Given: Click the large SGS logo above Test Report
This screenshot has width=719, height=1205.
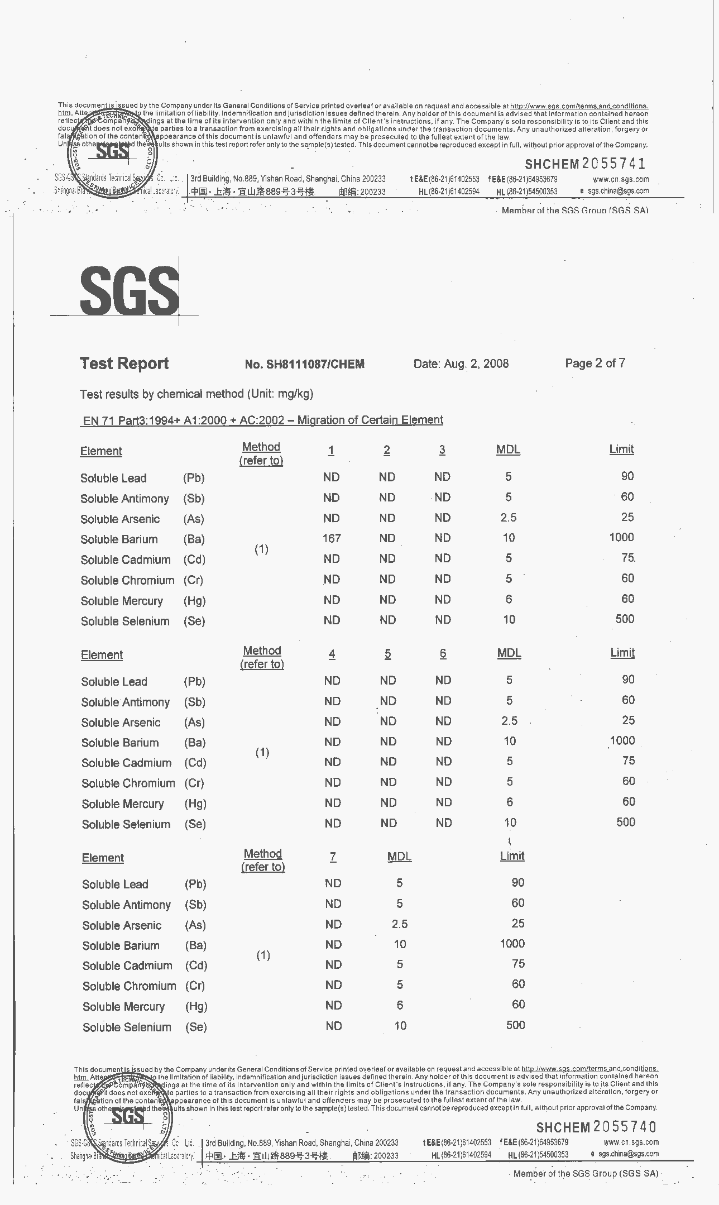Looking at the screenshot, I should (130, 290).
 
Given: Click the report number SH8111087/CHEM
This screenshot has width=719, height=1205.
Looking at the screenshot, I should (304, 365).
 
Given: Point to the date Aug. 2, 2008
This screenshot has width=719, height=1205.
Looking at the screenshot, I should (461, 364).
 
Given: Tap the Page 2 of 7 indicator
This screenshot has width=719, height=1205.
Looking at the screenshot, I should (595, 364).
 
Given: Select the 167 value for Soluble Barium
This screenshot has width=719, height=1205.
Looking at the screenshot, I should (331, 538).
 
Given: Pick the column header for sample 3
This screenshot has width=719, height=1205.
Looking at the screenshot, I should (442, 450).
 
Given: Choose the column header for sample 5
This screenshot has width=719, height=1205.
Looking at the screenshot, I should (387, 654).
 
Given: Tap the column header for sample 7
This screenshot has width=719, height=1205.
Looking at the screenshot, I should (333, 857).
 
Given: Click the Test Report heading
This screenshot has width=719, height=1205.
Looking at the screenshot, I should (124, 364).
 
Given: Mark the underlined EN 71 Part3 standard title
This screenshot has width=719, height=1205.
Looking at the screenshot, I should (262, 420).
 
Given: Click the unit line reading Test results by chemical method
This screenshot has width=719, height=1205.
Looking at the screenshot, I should (196, 394).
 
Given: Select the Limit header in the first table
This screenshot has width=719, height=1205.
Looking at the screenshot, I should (621, 450).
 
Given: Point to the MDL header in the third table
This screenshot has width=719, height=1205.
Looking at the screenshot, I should (399, 857).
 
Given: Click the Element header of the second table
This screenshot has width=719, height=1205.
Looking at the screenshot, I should (102, 655).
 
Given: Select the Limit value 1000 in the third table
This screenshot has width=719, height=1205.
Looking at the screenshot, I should (512, 944).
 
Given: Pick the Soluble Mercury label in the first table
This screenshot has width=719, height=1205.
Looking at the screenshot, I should (122, 601).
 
